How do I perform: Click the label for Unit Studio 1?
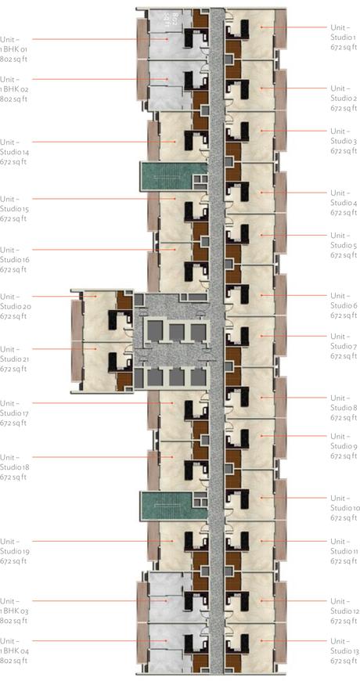[x=343, y=37]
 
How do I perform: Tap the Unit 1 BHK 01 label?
[x=13, y=49]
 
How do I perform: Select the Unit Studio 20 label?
[x=13, y=306]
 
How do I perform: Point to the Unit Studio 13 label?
[x=344, y=650]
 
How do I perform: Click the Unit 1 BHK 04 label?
[x=14, y=650]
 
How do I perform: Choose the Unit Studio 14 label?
[x=13, y=152]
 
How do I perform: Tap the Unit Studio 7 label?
[x=344, y=346]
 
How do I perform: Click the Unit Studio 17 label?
[x=13, y=413]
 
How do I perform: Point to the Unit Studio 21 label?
[x=13, y=359]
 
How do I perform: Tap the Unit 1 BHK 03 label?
[x=14, y=611]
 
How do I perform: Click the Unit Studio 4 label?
[x=344, y=203]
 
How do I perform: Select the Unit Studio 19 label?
[x=13, y=551]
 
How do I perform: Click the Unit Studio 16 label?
[x=13, y=260]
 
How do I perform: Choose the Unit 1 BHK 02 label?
[x=14, y=89]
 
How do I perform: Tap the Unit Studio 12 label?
[x=344, y=611]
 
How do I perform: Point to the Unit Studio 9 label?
[x=344, y=445]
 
